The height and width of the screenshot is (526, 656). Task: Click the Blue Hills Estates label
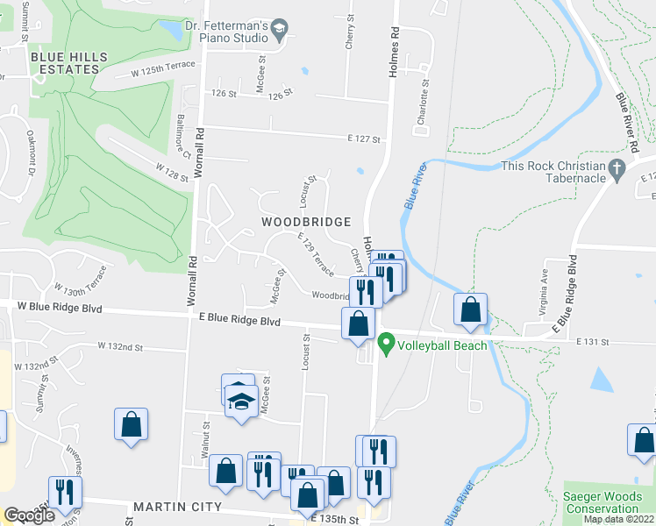pyautogui.click(x=68, y=63)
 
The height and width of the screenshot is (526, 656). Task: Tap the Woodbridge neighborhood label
pyautogui.click(x=306, y=222)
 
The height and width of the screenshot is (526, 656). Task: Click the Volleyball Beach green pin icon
pyautogui.click(x=385, y=346)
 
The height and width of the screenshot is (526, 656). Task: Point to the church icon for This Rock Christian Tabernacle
pyautogui.click(x=617, y=167)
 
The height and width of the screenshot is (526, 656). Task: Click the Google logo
pyautogui.click(x=30, y=515)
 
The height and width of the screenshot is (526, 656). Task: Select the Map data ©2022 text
pyautogui.click(x=617, y=519)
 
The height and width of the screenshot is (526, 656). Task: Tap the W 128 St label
pyautogui.click(x=172, y=172)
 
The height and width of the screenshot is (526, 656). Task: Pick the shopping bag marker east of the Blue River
pyautogui.click(x=471, y=309)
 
